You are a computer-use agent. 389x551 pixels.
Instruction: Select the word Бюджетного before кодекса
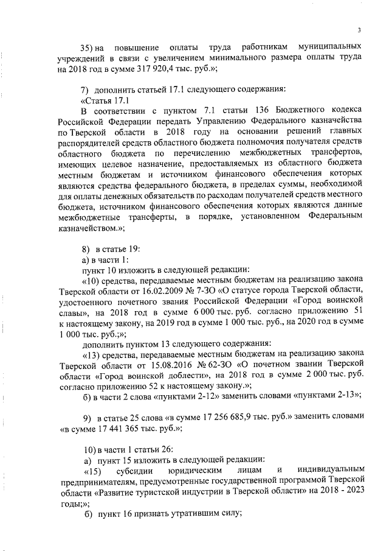tap(291, 110)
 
